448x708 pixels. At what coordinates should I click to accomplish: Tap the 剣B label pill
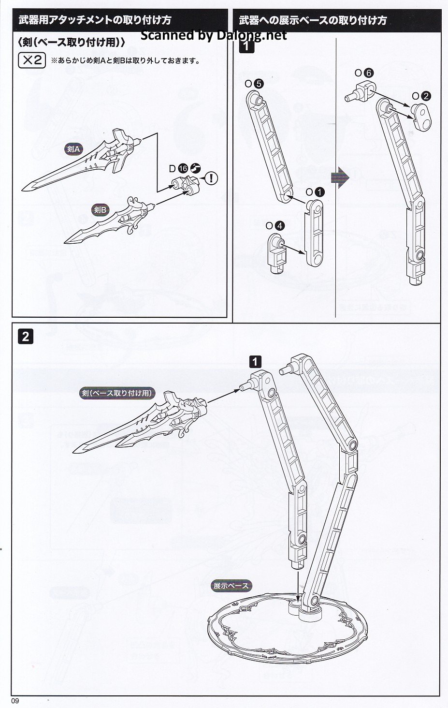101,209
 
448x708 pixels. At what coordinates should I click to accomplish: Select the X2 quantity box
31,60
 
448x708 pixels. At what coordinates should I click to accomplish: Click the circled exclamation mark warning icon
211,178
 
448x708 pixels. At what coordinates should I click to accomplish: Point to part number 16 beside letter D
183,168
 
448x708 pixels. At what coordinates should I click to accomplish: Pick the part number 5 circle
259,83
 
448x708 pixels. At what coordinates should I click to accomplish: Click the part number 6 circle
369,73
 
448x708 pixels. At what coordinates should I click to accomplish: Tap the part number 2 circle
426,96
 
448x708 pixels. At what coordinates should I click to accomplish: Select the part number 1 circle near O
319,192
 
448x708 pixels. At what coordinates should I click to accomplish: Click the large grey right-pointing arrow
340,177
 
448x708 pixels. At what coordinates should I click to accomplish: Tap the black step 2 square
25,336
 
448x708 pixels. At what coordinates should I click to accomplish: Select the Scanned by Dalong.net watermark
214,35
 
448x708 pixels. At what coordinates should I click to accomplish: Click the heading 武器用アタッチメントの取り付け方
95,20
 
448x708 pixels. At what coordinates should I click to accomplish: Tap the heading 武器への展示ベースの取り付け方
313,20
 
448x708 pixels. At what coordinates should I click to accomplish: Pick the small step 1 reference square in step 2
255,361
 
